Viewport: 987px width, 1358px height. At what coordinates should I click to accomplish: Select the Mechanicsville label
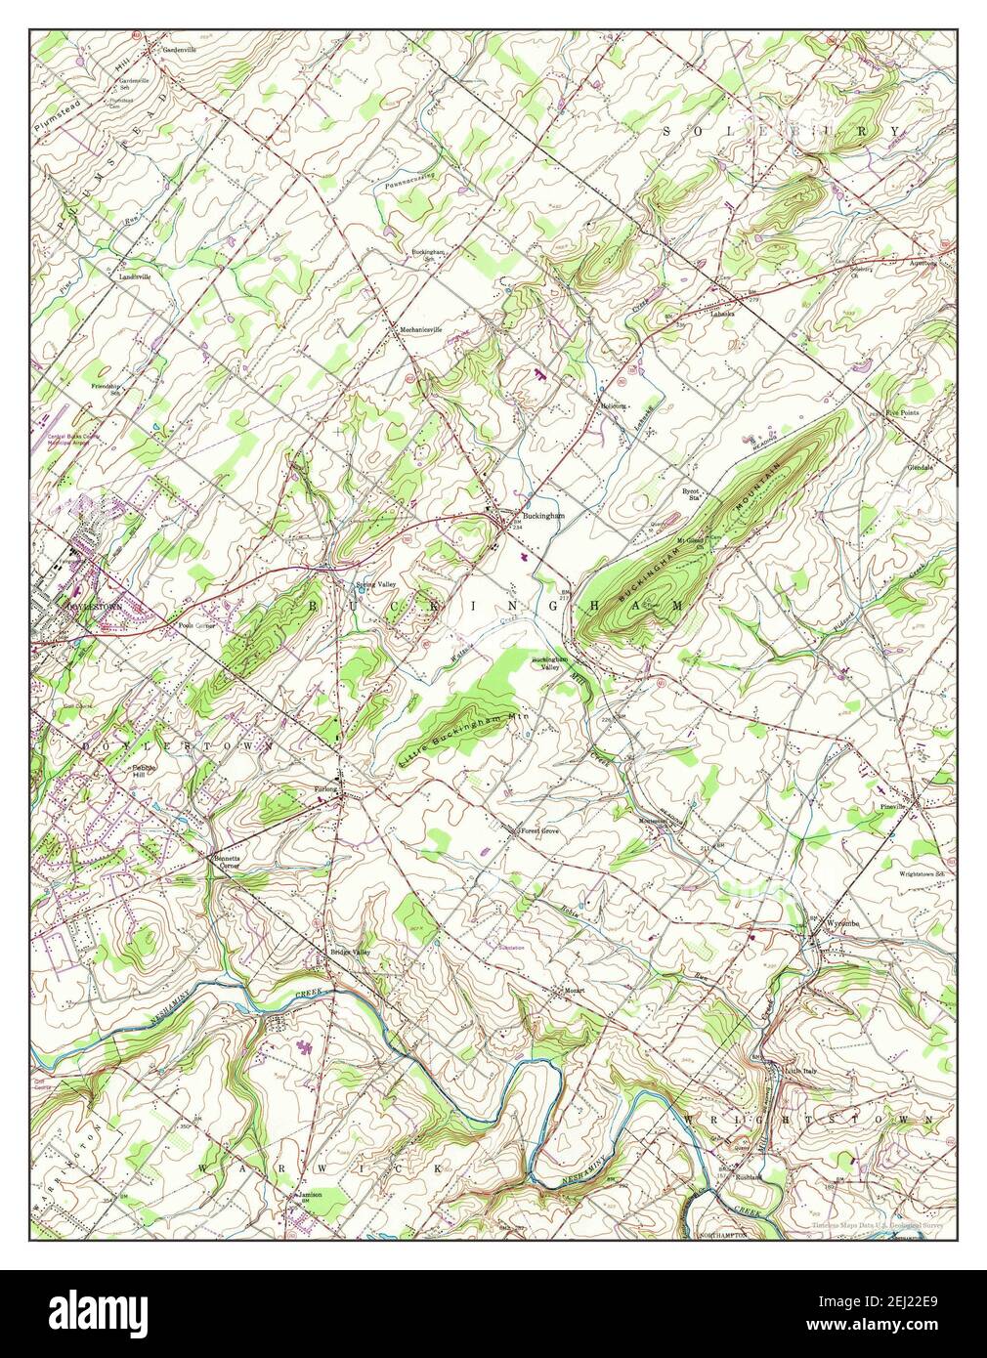(420, 329)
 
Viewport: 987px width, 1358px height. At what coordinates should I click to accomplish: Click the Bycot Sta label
(693, 494)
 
